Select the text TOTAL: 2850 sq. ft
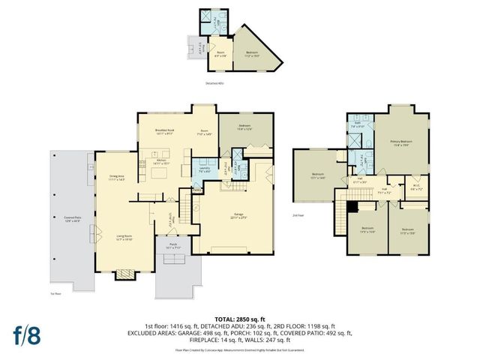(x=240, y=319)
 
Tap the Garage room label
(x=238, y=217)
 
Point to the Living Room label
(x=124, y=238)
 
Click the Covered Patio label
(x=72, y=219)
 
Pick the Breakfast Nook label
(x=165, y=132)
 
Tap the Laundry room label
(x=204, y=169)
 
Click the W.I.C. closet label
(x=416, y=188)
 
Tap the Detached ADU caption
(x=216, y=83)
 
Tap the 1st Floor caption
(x=55, y=293)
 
